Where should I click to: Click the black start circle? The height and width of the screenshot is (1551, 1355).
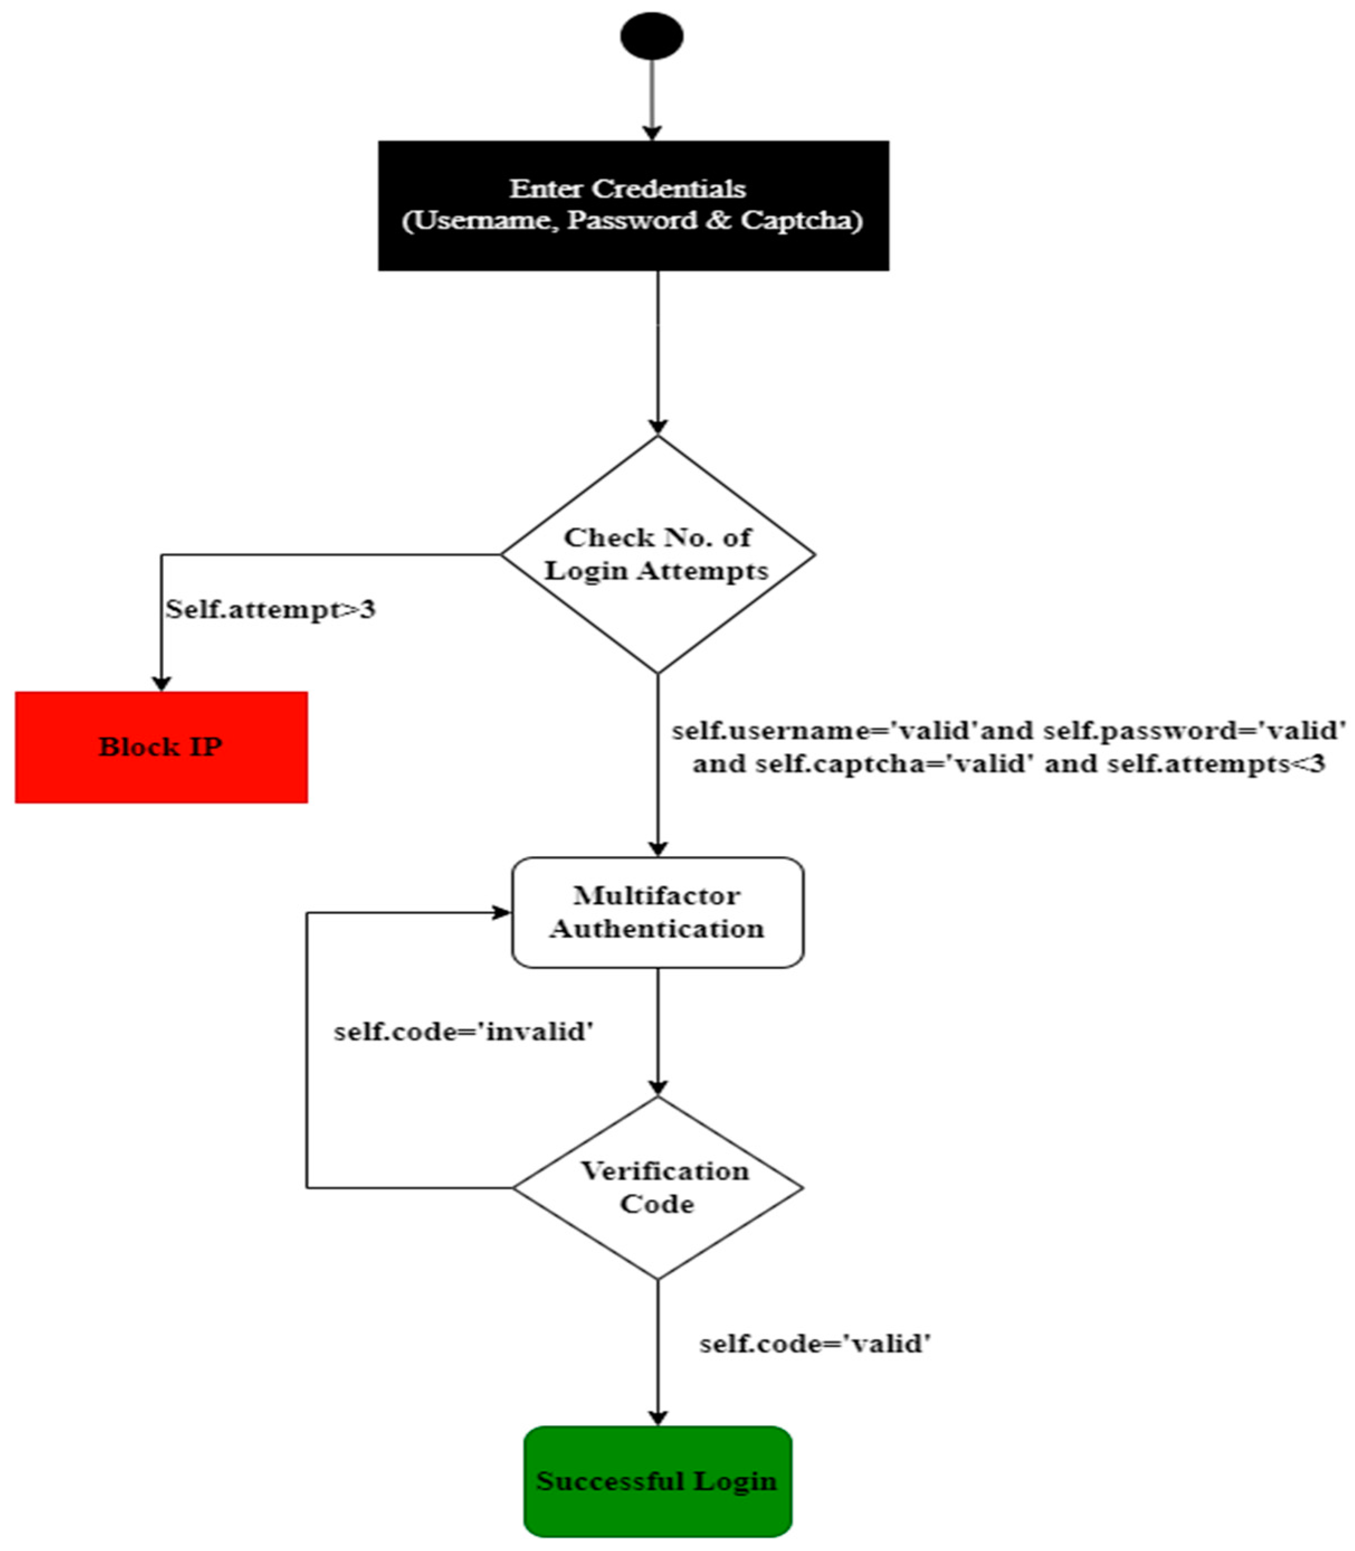652,36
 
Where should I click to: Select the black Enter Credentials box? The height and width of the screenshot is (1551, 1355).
633,206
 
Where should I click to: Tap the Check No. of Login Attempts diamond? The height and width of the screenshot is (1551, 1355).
658,554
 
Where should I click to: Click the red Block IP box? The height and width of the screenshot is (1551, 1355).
161,747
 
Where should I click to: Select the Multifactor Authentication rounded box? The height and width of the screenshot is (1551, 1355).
658,912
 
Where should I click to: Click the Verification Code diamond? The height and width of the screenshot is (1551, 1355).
658,1187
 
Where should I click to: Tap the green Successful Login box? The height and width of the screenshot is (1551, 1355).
658,1481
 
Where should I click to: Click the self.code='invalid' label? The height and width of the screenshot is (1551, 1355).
464,1032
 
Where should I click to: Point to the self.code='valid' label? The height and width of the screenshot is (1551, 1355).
815,1344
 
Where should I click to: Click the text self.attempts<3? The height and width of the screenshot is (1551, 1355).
1216,764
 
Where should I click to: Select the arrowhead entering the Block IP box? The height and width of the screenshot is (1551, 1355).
161,683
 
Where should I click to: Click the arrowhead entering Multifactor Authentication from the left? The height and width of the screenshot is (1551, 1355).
502,913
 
